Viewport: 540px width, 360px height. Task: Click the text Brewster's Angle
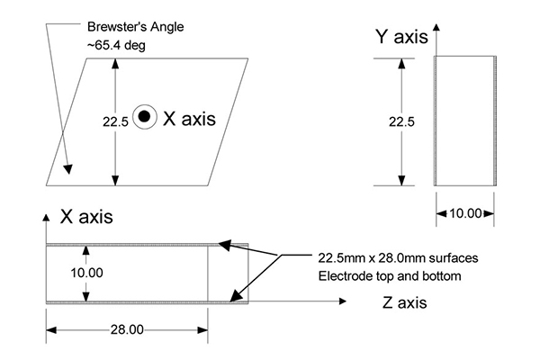tap(135, 27)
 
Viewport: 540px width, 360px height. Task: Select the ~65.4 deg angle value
tap(116, 45)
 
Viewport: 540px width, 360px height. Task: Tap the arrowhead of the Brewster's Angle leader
tap(67, 169)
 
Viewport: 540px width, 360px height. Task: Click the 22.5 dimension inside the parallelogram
tap(115, 121)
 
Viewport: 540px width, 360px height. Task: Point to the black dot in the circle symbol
tap(145, 117)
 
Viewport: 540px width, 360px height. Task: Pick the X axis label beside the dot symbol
tap(189, 119)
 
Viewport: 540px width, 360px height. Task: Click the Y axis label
tap(401, 37)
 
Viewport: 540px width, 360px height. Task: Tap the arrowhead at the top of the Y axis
tap(436, 28)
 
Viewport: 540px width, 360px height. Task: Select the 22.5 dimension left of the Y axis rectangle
tap(401, 121)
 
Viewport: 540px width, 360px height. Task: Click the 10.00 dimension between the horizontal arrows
tap(465, 213)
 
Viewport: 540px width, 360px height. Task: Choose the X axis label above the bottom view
tap(86, 217)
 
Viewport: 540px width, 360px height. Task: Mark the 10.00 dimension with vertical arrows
tap(86, 273)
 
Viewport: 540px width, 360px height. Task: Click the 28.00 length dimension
tap(127, 329)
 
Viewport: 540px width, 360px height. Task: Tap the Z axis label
tap(405, 302)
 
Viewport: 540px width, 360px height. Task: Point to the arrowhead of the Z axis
tap(342, 301)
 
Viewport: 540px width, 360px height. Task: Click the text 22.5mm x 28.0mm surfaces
tap(398, 258)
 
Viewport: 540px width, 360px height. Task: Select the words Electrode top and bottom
tap(390, 276)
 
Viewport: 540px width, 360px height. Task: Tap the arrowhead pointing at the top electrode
tap(224, 245)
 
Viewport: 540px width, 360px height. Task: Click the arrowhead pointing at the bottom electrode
tap(235, 296)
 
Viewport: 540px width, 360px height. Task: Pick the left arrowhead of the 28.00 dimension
tap(51, 330)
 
